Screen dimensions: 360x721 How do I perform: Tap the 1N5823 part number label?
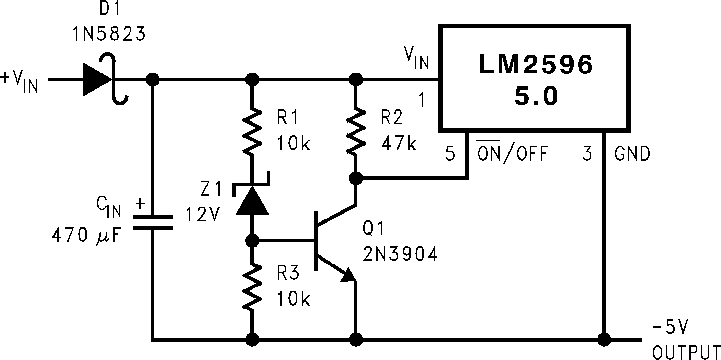click(x=109, y=34)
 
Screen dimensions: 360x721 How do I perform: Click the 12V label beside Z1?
click(x=203, y=214)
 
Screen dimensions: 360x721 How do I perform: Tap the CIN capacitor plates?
click(x=152, y=222)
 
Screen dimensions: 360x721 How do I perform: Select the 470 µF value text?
click(x=86, y=235)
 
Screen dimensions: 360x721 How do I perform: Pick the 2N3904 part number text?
click(x=400, y=254)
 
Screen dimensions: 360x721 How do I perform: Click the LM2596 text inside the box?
click(x=535, y=64)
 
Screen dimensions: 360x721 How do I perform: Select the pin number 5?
click(x=450, y=153)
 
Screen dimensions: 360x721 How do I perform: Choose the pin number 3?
click(x=587, y=153)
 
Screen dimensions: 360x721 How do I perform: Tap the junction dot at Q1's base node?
click(x=252, y=241)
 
